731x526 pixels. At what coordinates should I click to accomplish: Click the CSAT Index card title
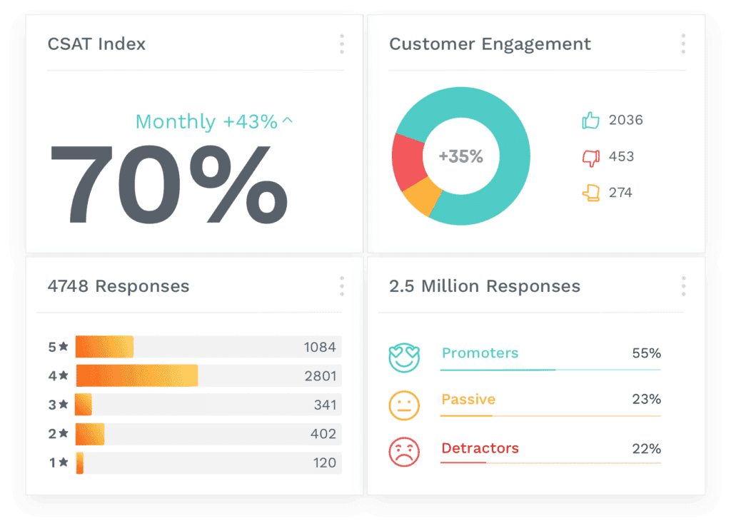coord(96,44)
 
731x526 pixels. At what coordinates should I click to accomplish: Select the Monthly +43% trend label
coord(213,122)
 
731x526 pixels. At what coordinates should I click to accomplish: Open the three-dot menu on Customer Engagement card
coord(683,44)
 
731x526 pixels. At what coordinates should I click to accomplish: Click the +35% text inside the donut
coord(460,156)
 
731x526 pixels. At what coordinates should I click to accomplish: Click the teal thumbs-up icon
coord(590,120)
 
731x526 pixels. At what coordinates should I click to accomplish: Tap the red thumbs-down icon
coord(590,157)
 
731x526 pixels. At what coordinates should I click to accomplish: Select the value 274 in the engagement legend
coord(620,193)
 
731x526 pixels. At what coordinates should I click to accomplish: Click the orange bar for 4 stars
coord(136,375)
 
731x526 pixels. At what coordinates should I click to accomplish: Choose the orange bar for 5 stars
coord(104,347)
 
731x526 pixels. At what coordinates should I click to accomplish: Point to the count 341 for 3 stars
coord(325,405)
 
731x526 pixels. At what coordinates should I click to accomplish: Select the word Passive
coord(468,399)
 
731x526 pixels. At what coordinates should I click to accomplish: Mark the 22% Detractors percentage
coord(646,449)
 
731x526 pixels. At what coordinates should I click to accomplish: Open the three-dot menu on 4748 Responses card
coord(342,286)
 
